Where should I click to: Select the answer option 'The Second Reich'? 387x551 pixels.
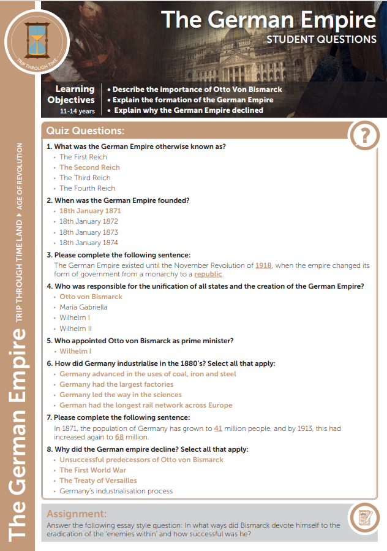[89, 167]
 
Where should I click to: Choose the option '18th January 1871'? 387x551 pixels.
[90, 211]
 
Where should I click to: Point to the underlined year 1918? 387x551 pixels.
[263, 265]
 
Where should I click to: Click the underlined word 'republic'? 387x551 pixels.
[208, 274]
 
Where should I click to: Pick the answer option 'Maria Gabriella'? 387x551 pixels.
[83, 307]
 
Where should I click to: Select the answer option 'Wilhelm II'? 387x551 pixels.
[75, 329]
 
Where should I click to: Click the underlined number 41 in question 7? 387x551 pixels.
[219, 429]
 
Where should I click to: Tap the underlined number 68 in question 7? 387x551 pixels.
[120, 438]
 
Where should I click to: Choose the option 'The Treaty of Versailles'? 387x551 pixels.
[98, 481]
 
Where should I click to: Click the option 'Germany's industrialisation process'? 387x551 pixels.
[116, 491]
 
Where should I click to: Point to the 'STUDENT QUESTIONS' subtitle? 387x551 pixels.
[321, 39]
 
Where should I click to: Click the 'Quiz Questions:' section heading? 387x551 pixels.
[85, 131]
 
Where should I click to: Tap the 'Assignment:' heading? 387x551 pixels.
[77, 514]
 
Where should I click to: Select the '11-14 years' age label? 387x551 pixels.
[77, 112]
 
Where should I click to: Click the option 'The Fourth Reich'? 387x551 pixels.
[87, 188]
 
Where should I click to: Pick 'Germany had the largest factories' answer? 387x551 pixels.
[116, 384]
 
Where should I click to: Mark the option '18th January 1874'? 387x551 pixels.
[89, 243]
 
